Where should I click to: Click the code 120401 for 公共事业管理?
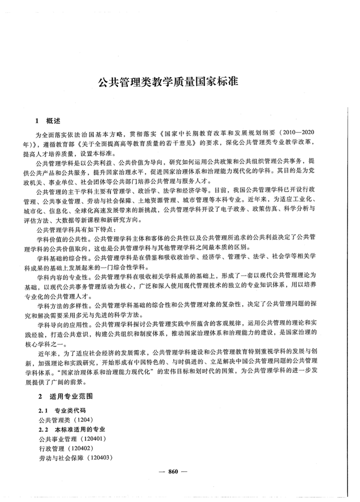click(x=93, y=439)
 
